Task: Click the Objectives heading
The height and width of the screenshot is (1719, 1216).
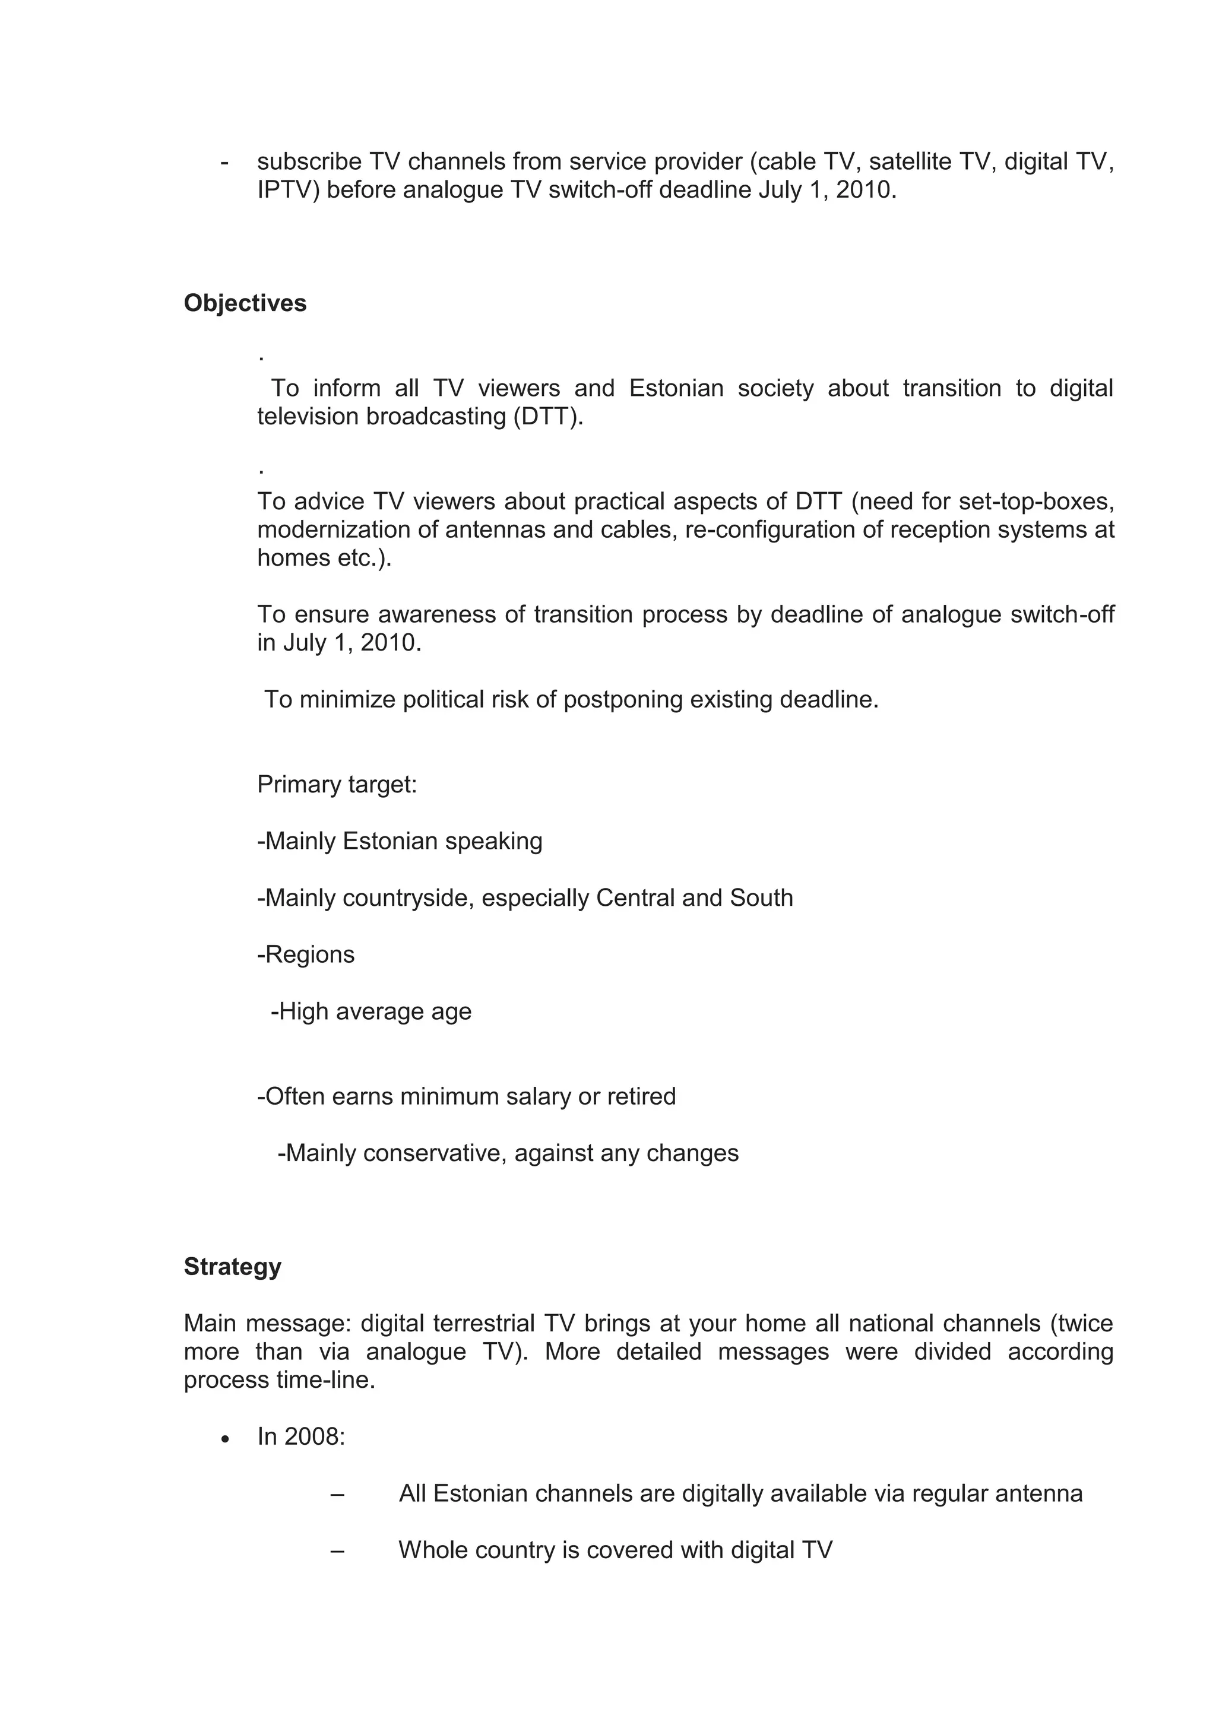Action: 245,303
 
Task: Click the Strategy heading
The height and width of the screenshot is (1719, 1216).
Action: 232,1267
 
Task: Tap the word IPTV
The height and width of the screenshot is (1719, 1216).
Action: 289,190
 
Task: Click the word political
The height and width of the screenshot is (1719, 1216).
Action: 444,699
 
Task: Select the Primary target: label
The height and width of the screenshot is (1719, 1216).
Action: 337,784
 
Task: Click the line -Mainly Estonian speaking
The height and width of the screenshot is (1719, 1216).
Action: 400,841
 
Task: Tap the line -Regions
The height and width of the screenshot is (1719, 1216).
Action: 306,954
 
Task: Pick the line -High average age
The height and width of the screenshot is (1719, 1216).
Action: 370,1011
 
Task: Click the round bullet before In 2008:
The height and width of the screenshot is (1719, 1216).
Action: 226,1439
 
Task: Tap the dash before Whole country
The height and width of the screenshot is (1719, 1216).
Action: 337,1550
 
